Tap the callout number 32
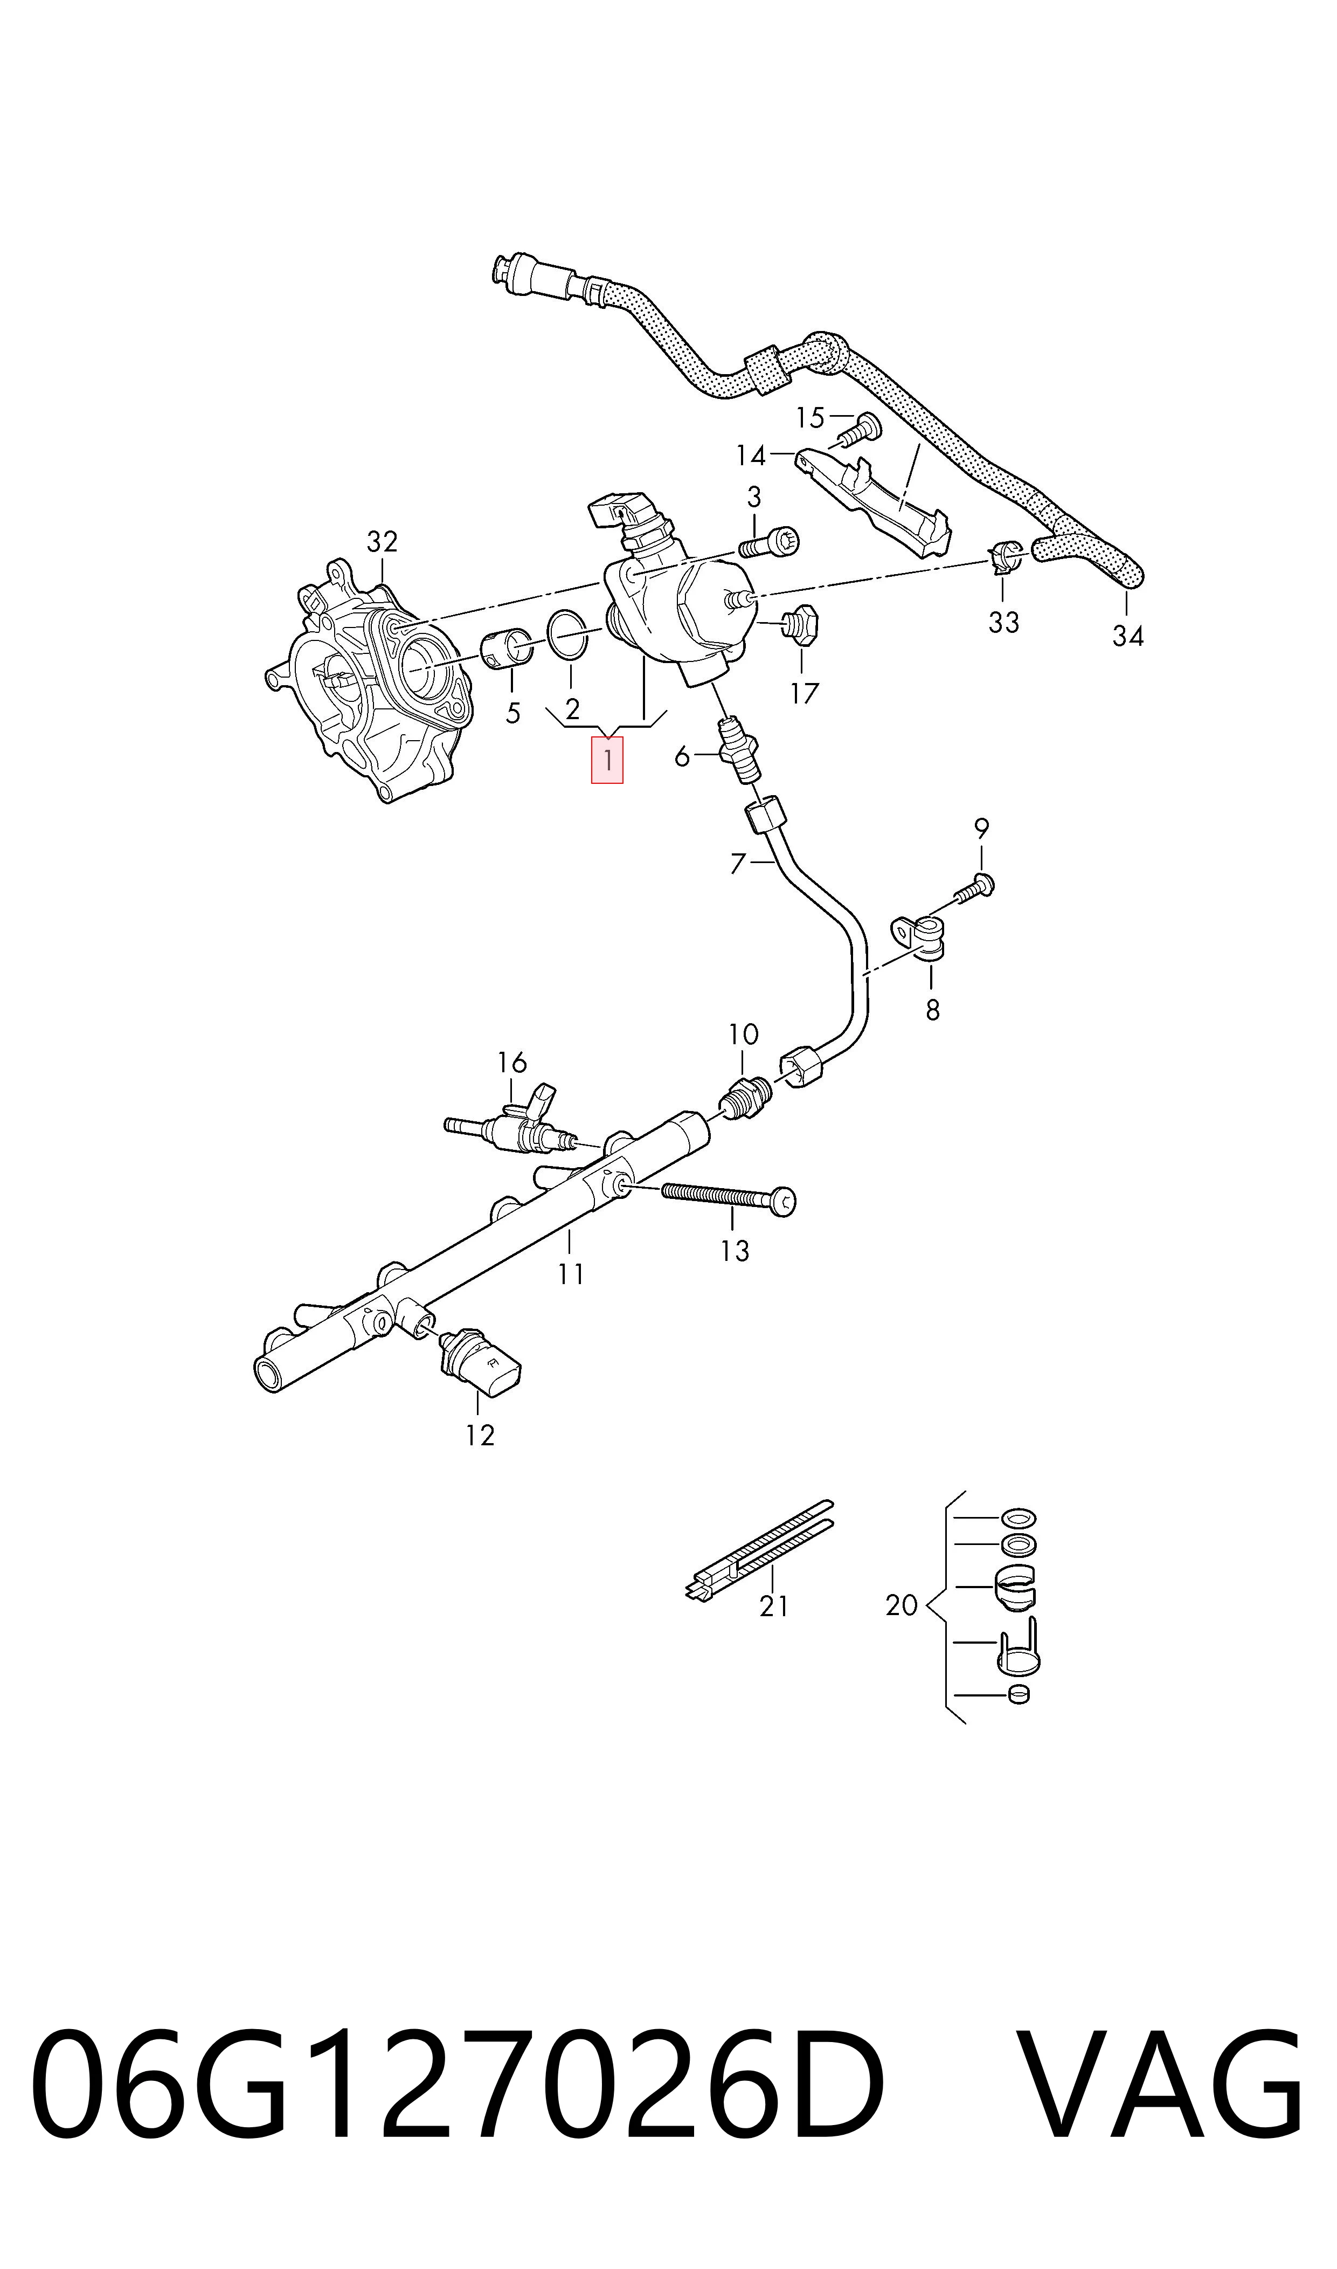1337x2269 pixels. point(382,542)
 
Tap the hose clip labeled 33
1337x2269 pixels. point(1003,558)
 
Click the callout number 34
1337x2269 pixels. point(1127,636)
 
